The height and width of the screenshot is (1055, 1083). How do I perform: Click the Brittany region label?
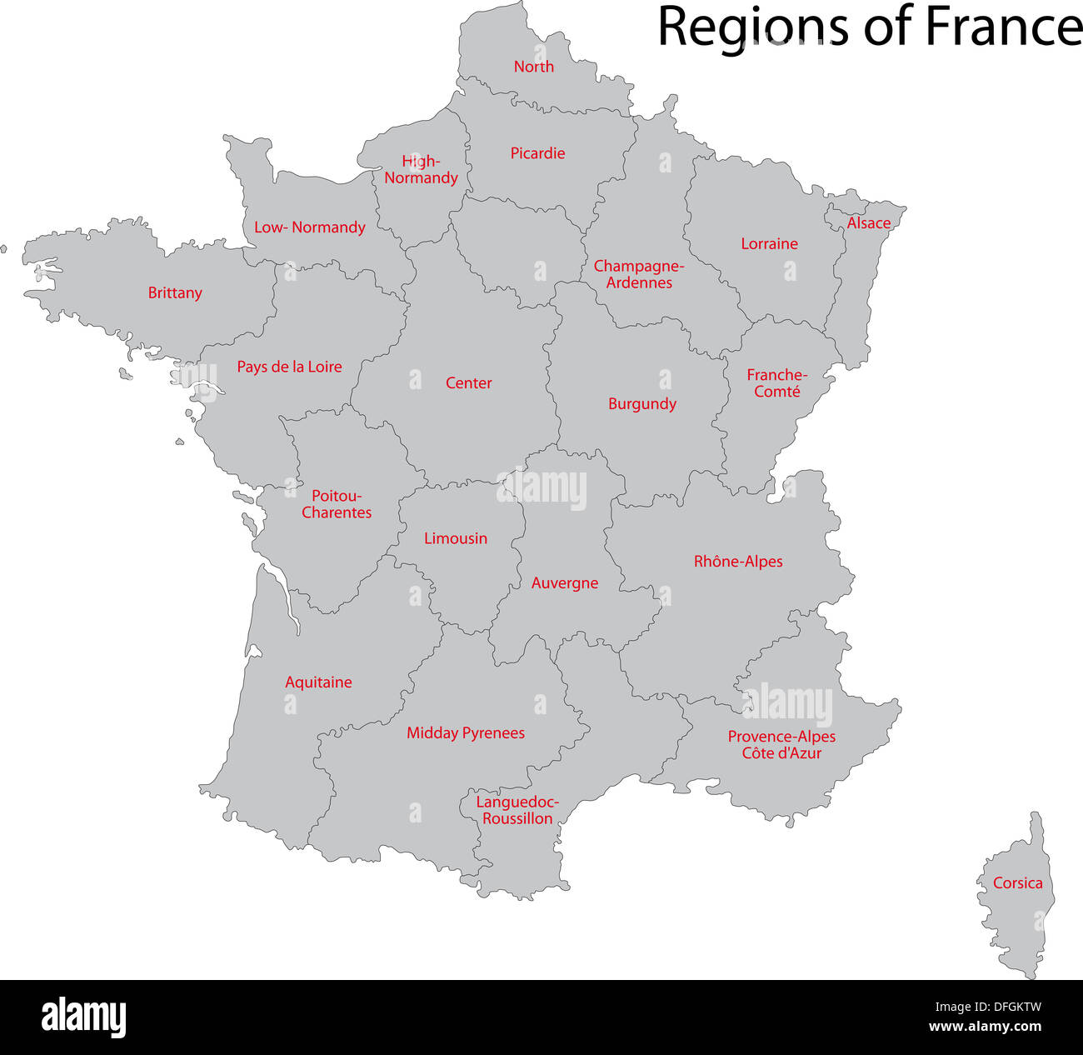175,292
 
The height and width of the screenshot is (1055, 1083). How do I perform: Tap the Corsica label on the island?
1017,882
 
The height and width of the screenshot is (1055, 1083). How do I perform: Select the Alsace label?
869,223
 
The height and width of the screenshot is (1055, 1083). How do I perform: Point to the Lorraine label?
769,244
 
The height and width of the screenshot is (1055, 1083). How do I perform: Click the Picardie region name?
537,153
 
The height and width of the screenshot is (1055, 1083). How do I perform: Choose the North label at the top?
533,67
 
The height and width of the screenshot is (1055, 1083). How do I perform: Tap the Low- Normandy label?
309,227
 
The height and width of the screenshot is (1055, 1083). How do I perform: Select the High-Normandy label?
421,170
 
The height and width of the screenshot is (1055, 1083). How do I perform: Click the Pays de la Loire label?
289,367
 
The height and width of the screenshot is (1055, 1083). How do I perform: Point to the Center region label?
468,383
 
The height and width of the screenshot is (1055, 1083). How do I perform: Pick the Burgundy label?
641,404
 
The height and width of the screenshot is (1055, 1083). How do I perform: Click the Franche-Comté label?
776,383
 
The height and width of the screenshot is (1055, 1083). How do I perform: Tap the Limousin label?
455,538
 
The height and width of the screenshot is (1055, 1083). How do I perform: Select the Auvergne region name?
565,583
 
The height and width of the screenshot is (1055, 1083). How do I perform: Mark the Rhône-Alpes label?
738,562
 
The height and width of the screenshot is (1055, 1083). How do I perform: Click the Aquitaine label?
318,682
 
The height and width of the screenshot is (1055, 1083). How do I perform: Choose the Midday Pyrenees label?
466,733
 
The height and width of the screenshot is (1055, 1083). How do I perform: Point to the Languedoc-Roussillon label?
517,810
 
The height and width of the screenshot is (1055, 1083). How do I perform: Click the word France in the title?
1003,27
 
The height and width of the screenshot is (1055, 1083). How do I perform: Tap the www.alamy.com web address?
985,1027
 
